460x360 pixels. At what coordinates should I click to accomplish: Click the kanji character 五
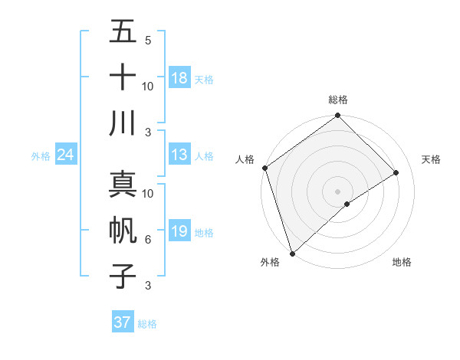click(x=123, y=32)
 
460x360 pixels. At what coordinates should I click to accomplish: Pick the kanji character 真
click(x=123, y=184)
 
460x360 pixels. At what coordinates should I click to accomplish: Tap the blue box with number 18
click(x=179, y=77)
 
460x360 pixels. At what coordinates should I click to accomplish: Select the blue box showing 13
click(x=179, y=155)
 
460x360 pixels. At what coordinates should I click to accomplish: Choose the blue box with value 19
click(x=179, y=231)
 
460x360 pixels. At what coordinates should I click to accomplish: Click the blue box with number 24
click(x=66, y=155)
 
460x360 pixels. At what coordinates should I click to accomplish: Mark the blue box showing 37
click(x=123, y=322)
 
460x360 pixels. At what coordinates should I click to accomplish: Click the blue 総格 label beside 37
click(x=147, y=323)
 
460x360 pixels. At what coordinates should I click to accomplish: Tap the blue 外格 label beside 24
click(x=41, y=155)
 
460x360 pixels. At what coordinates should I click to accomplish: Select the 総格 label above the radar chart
click(x=338, y=100)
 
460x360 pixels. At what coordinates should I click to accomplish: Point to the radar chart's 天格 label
click(x=432, y=159)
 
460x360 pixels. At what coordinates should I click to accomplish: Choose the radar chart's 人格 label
click(x=245, y=159)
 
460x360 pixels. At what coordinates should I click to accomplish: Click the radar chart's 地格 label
click(x=402, y=262)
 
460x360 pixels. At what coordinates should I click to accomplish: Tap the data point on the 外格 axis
click(x=292, y=253)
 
